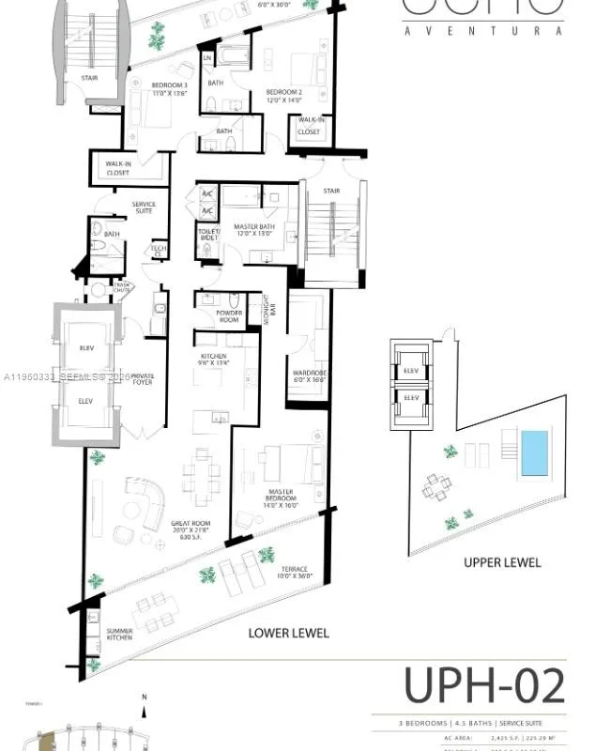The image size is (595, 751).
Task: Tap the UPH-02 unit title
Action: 484,686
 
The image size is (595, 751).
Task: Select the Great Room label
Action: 190,528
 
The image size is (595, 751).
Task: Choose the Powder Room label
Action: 229,316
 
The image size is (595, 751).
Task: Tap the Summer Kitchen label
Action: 119,633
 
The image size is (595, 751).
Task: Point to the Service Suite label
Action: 144,207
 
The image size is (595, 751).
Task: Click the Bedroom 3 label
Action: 170,90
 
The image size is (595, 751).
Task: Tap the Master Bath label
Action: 252,229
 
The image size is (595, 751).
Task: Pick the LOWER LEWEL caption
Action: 288,633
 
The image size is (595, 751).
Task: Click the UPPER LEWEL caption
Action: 502,562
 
